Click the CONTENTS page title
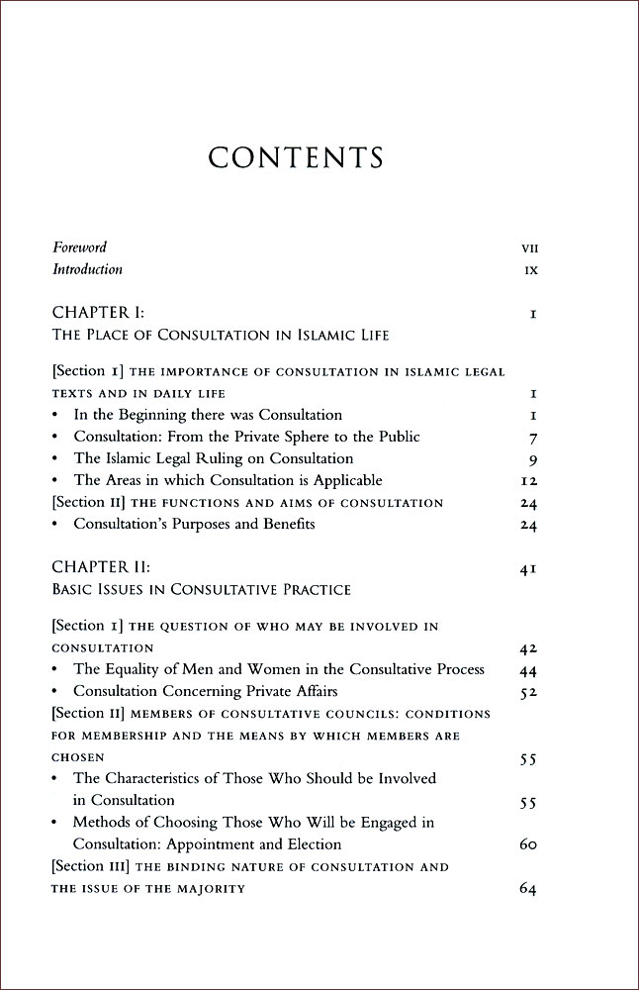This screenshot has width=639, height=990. point(296,157)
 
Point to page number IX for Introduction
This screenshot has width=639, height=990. point(530,270)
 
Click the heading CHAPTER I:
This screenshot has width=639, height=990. point(95,314)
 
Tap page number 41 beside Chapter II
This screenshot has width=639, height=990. point(527,570)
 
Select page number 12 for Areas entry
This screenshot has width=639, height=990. point(527,481)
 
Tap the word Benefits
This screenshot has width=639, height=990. point(281,524)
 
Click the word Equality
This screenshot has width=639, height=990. point(134,669)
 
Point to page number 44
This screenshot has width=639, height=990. point(527,671)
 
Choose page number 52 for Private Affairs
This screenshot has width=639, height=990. point(527,692)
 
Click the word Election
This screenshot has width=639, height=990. point(313,844)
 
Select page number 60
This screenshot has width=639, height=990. point(527,845)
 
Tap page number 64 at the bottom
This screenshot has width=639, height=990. point(527,889)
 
